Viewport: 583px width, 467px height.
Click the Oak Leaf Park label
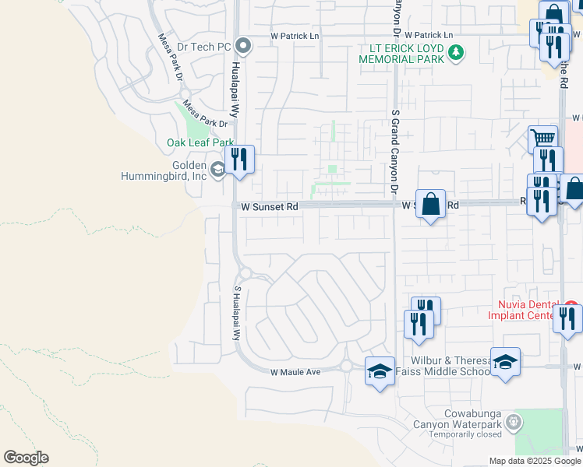tap(200, 143)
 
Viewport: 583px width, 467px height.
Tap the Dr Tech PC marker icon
tap(242, 47)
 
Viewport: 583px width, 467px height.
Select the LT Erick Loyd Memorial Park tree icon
tap(456, 53)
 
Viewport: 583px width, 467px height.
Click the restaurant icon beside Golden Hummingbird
tap(240, 160)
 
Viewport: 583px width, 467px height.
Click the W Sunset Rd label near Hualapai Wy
tap(269, 207)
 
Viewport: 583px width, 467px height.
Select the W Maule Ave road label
tap(296, 372)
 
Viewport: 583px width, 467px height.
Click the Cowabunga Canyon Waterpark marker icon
tap(514, 423)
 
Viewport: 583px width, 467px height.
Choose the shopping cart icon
tap(542, 140)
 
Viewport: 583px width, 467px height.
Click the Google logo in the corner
tap(26, 458)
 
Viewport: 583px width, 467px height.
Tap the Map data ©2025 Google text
tap(535, 461)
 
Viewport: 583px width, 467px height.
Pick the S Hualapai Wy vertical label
tap(237, 312)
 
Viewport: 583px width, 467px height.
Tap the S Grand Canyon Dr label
tap(395, 152)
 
